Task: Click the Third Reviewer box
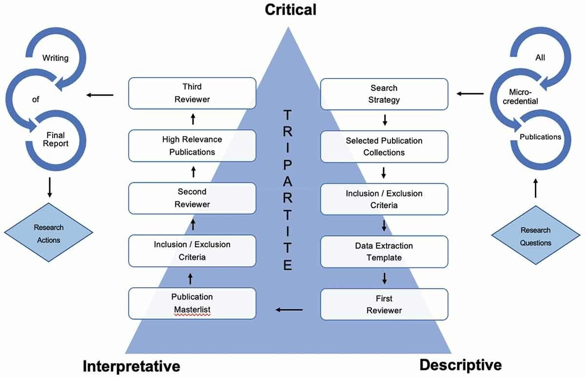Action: pyautogui.click(x=192, y=93)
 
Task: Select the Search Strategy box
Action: pyautogui.click(x=384, y=94)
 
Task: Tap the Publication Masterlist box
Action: pyautogui.click(x=192, y=303)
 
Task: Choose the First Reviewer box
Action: pyautogui.click(x=384, y=304)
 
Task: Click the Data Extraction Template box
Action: pyautogui.click(x=384, y=252)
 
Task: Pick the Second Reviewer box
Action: pyautogui.click(x=192, y=198)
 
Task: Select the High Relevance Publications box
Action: pyautogui.click(x=192, y=145)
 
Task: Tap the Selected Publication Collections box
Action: pyautogui.click(x=384, y=146)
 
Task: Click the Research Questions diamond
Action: pyautogui.click(x=536, y=237)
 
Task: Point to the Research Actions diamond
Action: pyautogui.click(x=49, y=234)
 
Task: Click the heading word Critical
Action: pyautogui.click(x=291, y=9)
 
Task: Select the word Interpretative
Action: pyautogui.click(x=131, y=366)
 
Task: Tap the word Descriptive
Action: pyautogui.click(x=460, y=365)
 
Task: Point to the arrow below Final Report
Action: pyautogui.click(x=49, y=187)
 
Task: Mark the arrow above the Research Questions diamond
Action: pyautogui.click(x=536, y=188)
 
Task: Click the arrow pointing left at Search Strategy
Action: pyautogui.click(x=470, y=94)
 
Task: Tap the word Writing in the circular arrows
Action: pyautogui.click(x=55, y=58)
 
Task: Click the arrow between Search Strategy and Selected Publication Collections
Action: pyautogui.click(x=385, y=119)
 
